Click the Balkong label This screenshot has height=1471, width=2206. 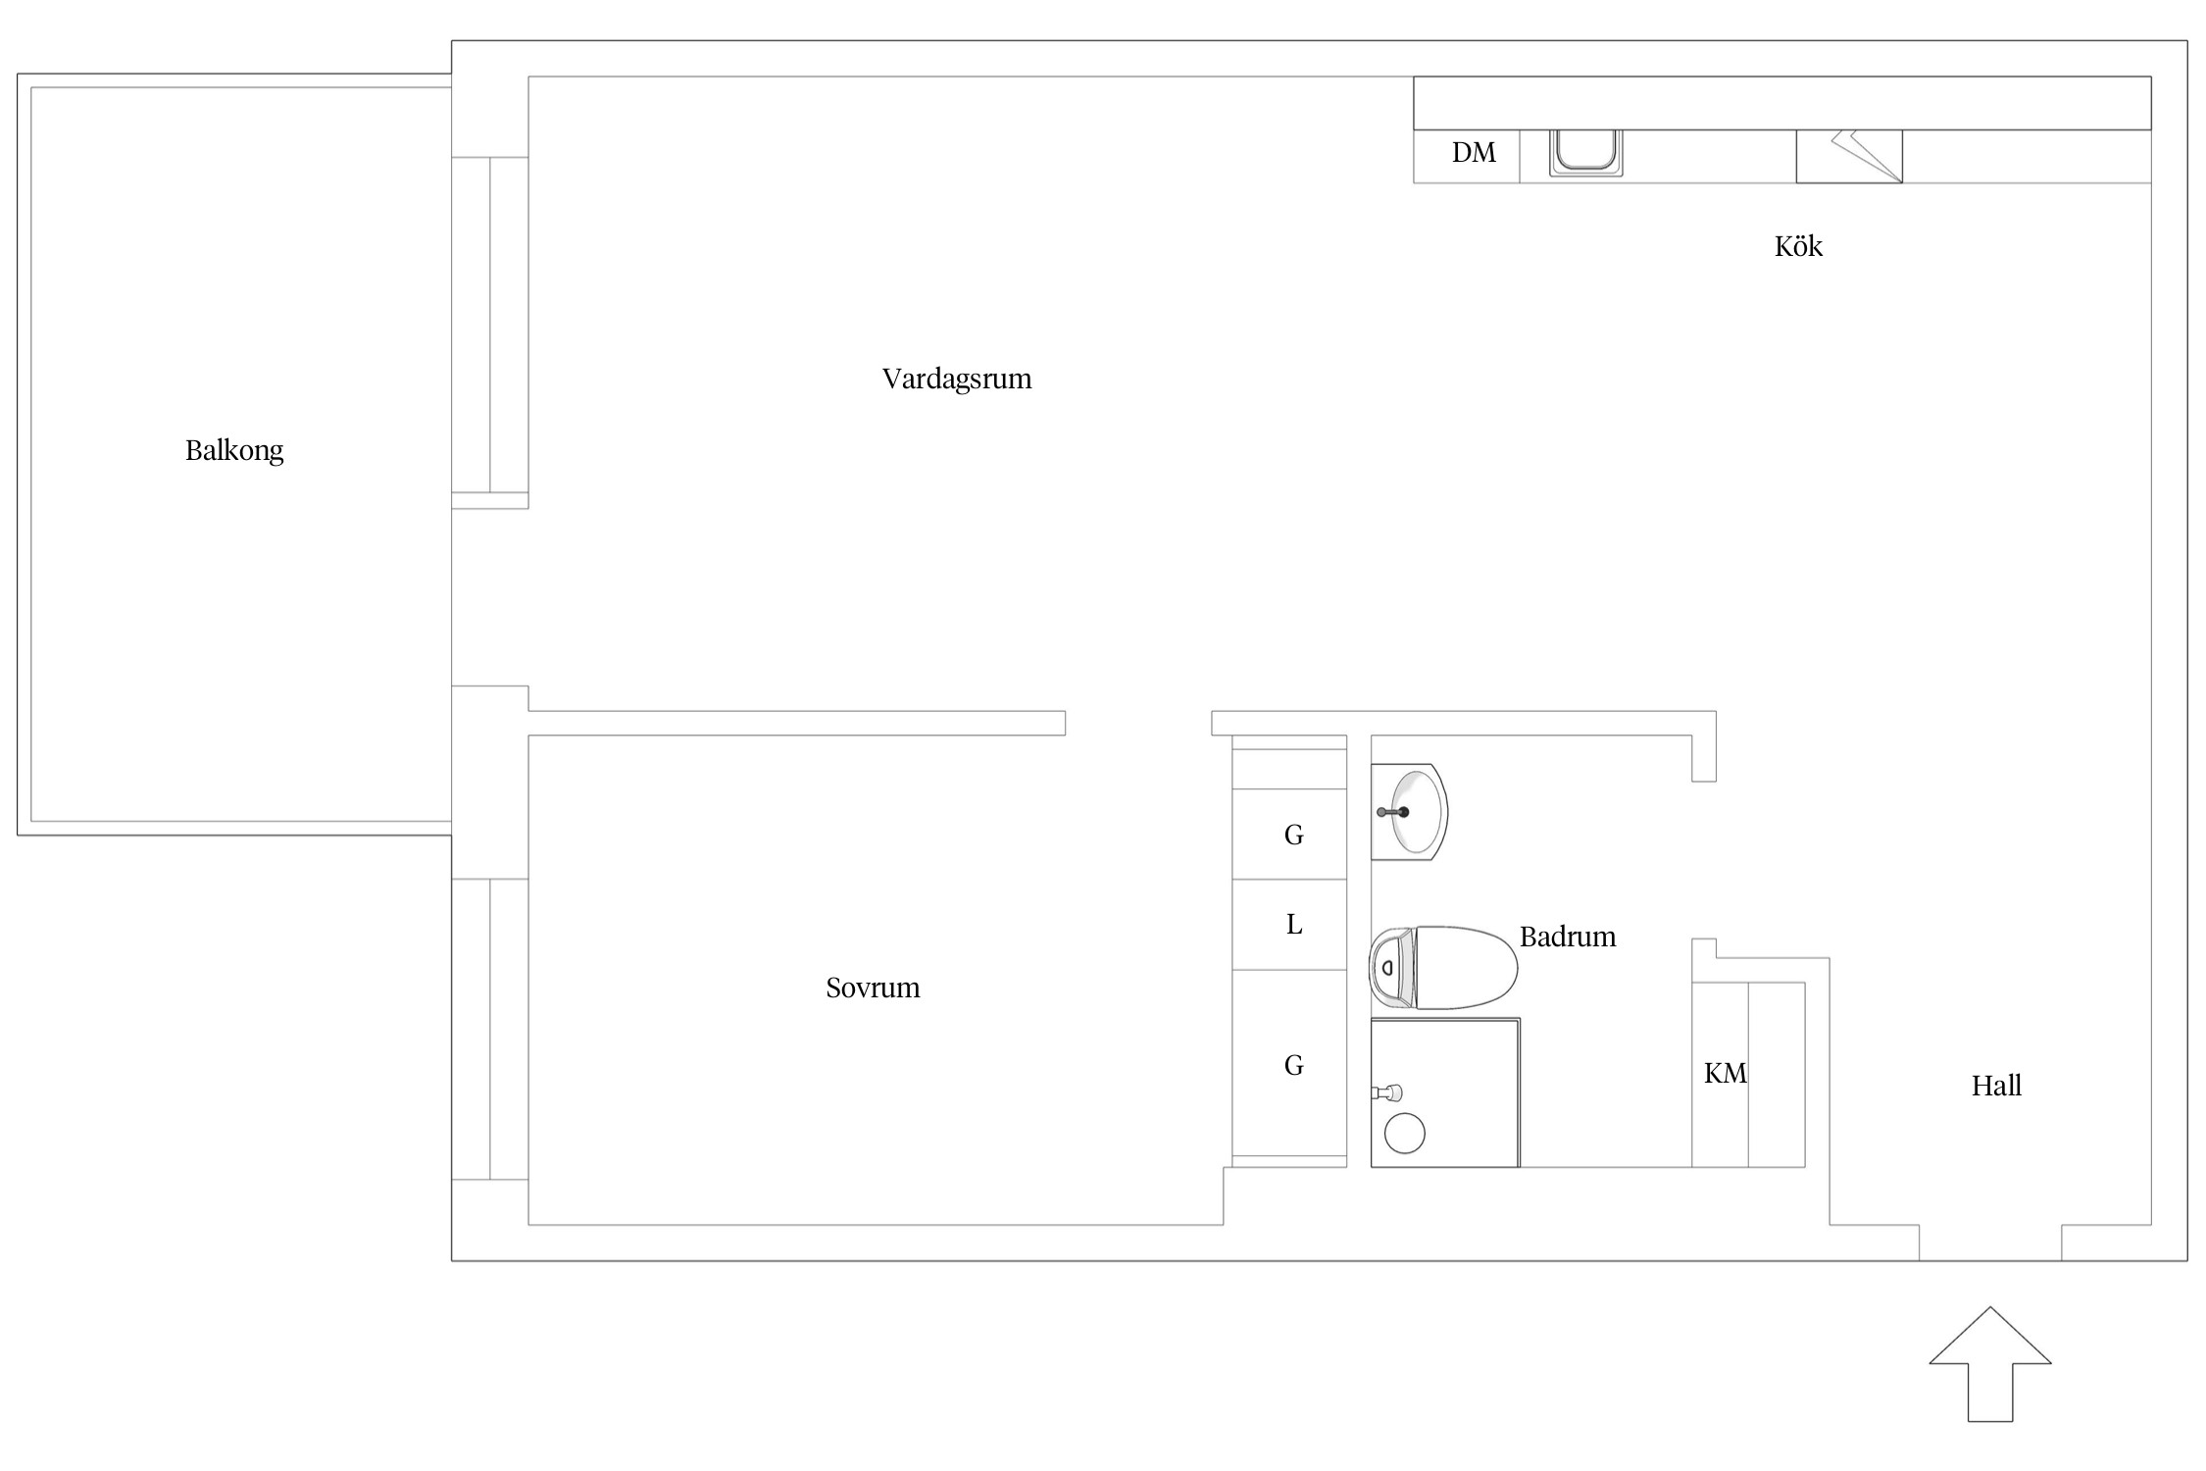pos(234,451)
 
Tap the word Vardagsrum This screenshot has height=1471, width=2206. pos(957,380)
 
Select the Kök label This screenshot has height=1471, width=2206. pos(1798,246)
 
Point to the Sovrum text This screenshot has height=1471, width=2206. pos(873,988)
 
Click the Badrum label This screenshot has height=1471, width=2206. pos(1568,937)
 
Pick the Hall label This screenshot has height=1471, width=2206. pos(1996,1086)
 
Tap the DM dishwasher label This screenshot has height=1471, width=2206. pos(1474,153)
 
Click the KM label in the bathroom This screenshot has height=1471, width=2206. pos(1725,1074)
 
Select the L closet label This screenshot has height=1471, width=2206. pos(1294,925)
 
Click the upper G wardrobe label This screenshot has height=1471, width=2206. pos(1294,835)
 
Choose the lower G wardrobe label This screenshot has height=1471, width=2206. pos(1294,1065)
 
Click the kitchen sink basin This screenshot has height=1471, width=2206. pos(1585,152)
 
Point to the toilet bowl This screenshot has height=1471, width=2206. pos(1465,968)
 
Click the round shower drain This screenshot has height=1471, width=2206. pos(1404,1134)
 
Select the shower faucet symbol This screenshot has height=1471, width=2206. pos(1386,1091)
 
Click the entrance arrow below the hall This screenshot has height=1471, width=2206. pos(1990,1364)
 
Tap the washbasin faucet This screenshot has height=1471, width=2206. pos(1393,812)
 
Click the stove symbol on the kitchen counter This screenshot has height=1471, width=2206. pos(1849,156)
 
